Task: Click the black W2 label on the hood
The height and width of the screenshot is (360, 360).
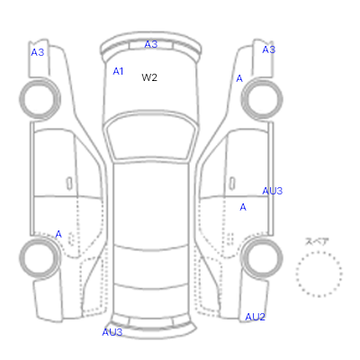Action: [x=149, y=77]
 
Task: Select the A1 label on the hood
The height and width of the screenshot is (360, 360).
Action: [x=118, y=71]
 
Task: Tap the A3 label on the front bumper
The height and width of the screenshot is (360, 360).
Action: [x=151, y=44]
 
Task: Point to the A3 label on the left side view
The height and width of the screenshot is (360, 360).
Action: [x=38, y=52]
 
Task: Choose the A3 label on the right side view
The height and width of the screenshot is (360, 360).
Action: [x=269, y=49]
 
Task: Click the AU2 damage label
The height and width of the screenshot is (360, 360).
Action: [x=255, y=317]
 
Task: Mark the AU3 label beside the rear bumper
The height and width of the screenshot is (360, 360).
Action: [x=112, y=332]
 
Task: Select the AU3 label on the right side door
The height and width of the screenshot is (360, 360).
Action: [x=273, y=191]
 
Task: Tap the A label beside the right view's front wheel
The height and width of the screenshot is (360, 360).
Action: [x=239, y=78]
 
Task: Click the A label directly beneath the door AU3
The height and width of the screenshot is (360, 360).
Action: [x=243, y=207]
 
